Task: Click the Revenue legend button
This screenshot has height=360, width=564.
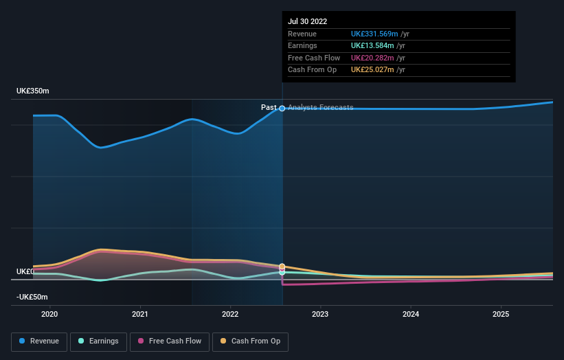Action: point(38,341)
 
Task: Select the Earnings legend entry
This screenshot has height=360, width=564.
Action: point(98,341)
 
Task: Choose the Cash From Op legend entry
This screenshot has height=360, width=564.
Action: point(250,341)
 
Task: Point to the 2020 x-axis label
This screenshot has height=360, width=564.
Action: point(49,314)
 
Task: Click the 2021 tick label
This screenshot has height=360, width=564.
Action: point(140,314)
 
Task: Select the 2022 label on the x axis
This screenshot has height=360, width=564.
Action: point(230,314)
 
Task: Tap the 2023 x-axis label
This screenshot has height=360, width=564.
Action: point(320,314)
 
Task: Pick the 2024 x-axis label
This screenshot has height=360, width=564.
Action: point(411,314)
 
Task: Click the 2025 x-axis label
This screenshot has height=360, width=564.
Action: point(501,314)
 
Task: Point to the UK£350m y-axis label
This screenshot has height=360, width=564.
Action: point(33,91)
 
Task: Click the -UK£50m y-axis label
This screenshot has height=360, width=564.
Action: point(32,297)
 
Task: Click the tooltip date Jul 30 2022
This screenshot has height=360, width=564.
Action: point(307,21)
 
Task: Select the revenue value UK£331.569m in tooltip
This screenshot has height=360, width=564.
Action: point(372,34)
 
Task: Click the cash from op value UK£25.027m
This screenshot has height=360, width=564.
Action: point(372,69)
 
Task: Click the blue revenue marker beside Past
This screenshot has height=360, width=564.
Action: point(282,108)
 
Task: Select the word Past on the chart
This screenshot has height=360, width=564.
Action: point(269,108)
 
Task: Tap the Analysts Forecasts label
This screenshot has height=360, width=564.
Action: point(320,108)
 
